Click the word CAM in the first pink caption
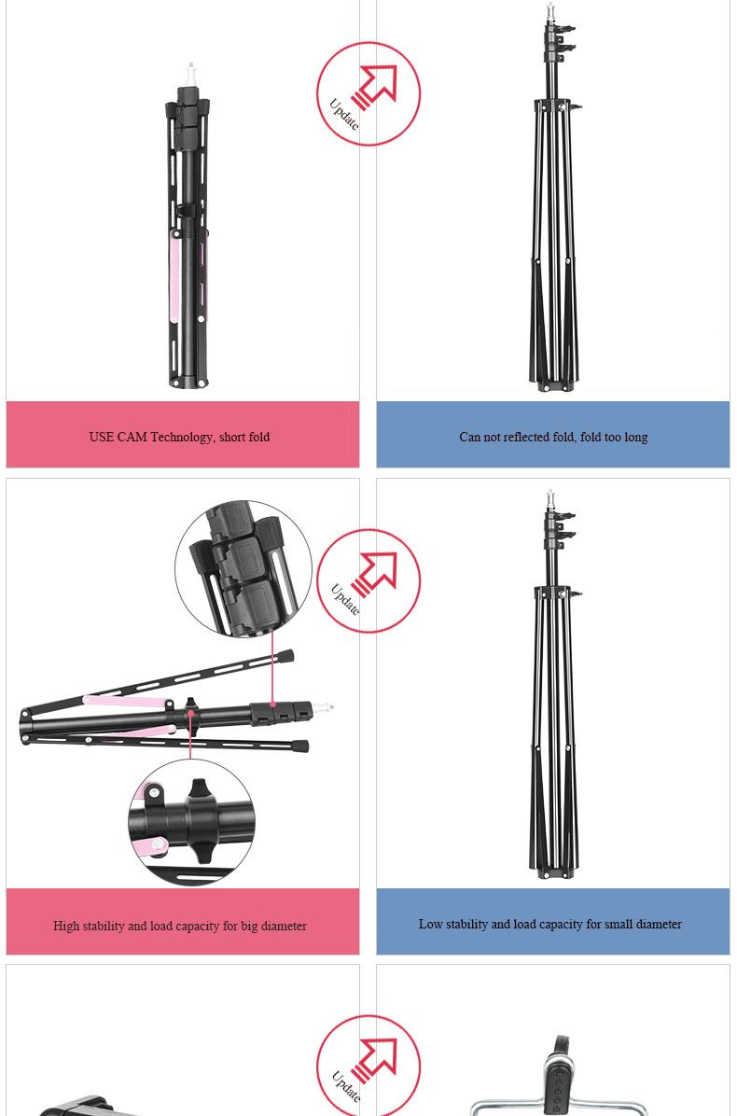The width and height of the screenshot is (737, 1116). click(x=132, y=437)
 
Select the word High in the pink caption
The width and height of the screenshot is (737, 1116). click(x=66, y=926)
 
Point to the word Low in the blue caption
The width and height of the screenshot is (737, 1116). click(x=430, y=924)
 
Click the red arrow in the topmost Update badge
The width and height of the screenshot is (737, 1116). click(x=375, y=86)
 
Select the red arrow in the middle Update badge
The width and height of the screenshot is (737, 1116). click(x=375, y=574)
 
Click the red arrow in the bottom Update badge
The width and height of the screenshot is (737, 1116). click(x=375, y=1061)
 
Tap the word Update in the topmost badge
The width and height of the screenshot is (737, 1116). click(x=344, y=114)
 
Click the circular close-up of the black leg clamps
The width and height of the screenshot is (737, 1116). click(x=243, y=568)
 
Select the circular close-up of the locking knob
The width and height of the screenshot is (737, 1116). click(x=191, y=822)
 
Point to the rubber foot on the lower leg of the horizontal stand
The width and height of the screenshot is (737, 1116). click(x=300, y=746)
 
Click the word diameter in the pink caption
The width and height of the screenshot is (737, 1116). click(x=283, y=926)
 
